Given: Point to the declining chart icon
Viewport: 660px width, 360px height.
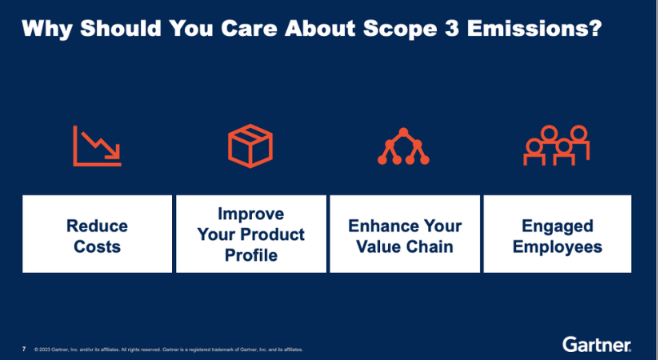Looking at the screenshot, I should (96, 146).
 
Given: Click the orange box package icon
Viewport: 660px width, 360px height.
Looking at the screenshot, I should (250, 146).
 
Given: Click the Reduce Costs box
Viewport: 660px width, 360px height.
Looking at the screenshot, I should (97, 234).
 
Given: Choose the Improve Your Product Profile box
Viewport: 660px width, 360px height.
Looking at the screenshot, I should (250, 234).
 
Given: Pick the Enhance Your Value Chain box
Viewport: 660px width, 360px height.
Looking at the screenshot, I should (405, 234).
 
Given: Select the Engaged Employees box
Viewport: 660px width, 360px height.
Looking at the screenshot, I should (558, 234).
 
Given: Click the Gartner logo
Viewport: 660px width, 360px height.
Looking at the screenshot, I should (596, 345).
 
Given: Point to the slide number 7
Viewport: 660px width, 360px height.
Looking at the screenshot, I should (24, 350).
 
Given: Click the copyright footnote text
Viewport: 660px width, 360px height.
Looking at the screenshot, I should (168, 350).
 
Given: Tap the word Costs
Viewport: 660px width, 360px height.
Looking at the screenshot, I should (97, 246).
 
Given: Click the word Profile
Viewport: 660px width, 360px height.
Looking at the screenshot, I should (250, 256).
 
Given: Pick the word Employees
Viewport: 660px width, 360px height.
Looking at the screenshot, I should (558, 246).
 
